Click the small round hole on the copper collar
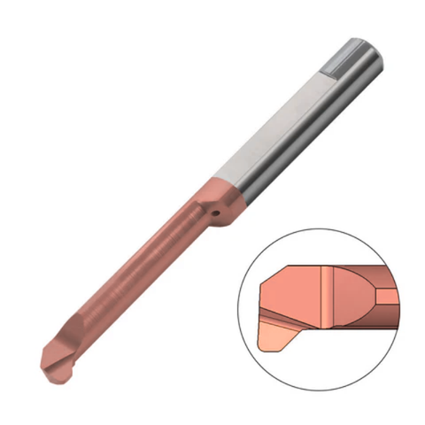[x=212, y=212]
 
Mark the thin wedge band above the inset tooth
[x=288, y=320]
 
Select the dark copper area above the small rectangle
[x=382, y=276]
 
